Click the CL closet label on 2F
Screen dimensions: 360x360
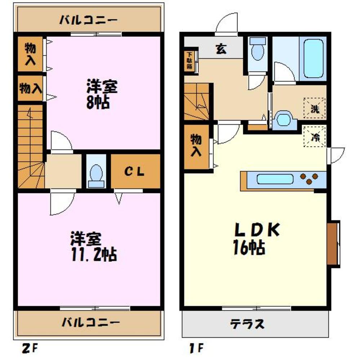pyautogui.click(x=135, y=172)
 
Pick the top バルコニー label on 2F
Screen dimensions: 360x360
pyautogui.click(x=88, y=20)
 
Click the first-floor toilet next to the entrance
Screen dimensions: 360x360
pyautogui.click(x=257, y=51)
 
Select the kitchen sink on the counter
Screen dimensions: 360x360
pyautogui.click(x=275, y=179)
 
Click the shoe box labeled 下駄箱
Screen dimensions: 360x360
pyautogui.click(x=190, y=61)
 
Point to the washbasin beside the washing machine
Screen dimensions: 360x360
pyautogui.click(x=284, y=120)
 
